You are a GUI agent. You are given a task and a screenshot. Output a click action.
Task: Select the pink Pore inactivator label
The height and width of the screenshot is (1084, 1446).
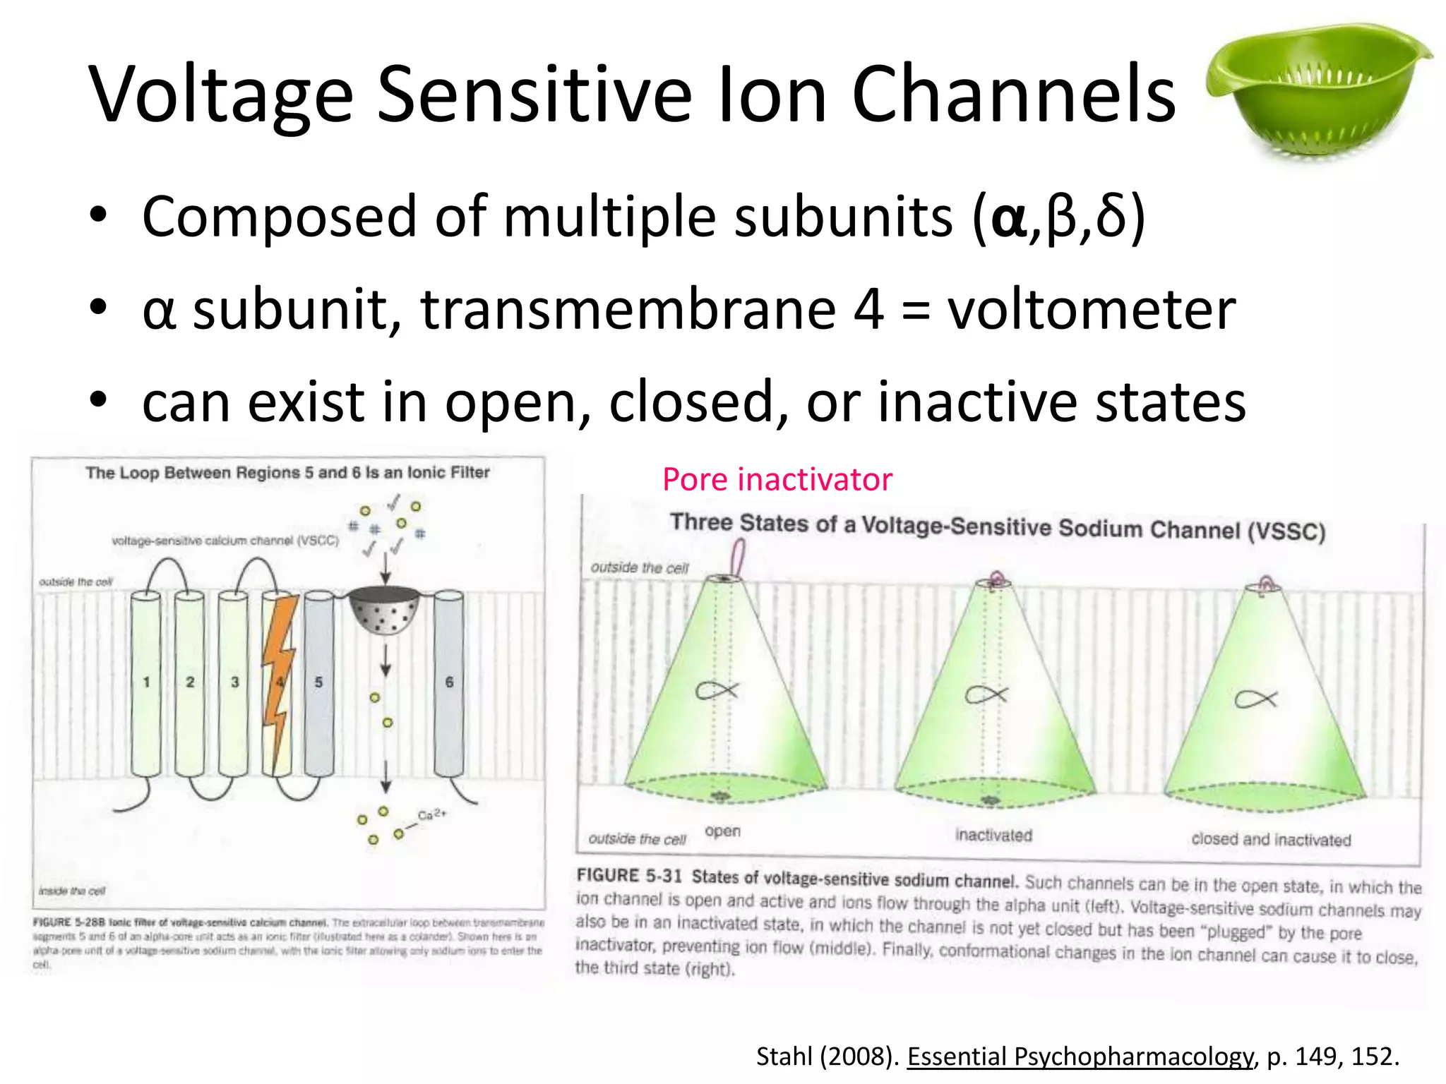click(777, 480)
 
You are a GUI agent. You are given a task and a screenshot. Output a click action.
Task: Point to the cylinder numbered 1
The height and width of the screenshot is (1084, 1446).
click(146, 683)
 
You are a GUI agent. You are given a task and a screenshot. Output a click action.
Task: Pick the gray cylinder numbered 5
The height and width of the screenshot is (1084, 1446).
click(318, 683)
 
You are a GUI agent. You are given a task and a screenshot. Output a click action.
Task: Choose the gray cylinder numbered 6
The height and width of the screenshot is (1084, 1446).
click(449, 683)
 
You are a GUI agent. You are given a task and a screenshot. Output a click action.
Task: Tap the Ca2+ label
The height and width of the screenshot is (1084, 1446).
click(431, 814)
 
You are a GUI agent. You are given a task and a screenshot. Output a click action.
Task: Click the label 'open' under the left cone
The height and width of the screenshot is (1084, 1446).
click(722, 831)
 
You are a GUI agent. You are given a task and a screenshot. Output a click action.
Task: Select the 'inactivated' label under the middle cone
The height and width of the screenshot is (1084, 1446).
click(993, 835)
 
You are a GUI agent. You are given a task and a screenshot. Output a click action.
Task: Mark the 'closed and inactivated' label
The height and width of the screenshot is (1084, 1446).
click(1271, 839)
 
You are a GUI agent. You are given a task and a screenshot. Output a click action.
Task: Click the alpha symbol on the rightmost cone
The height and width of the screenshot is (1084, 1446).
click(1255, 699)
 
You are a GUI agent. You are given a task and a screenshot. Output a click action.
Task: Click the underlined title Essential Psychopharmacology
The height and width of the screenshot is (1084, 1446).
click(1080, 1056)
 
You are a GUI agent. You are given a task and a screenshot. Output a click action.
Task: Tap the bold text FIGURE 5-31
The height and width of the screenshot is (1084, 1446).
click(628, 876)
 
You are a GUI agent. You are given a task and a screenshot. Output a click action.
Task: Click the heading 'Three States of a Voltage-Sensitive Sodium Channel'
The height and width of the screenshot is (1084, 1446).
click(997, 527)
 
